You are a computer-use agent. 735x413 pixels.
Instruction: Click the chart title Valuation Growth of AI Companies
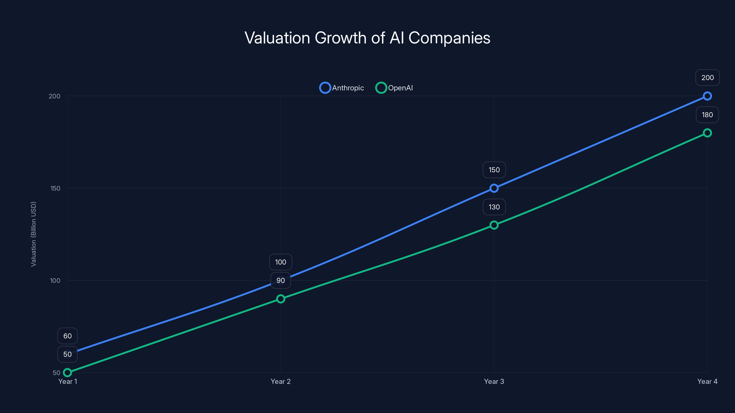tap(367, 38)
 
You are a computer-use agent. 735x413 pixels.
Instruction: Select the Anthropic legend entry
tap(342, 88)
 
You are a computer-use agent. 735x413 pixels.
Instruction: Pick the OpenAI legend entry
tap(394, 88)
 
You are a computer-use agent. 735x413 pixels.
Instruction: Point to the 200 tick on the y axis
tap(54, 96)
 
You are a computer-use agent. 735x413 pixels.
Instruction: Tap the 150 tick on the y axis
tap(55, 188)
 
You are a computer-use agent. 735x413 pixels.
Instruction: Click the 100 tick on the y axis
tap(55, 280)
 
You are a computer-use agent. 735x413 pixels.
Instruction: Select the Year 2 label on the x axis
tap(280, 381)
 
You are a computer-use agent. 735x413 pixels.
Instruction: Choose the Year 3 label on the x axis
tap(494, 381)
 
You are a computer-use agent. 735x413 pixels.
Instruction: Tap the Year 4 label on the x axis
tap(707, 381)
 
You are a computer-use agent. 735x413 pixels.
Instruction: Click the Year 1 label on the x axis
tap(68, 381)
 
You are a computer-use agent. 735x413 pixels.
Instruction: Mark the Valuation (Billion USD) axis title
tap(33, 234)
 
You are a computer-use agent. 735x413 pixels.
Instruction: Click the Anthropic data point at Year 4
tap(707, 96)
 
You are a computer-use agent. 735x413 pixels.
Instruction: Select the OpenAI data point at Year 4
tap(707, 133)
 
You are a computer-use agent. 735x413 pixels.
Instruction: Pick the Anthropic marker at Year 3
tap(494, 188)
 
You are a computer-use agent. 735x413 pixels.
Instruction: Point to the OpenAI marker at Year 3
tap(494, 225)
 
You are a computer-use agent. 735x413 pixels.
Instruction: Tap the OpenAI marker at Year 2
tap(280, 299)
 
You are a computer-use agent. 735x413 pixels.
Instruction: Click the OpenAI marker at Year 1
tap(67, 373)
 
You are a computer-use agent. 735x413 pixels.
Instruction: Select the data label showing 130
tap(494, 207)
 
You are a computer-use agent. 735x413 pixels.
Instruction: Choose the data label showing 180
tap(707, 115)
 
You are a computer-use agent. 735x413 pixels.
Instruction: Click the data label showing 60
tap(67, 336)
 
